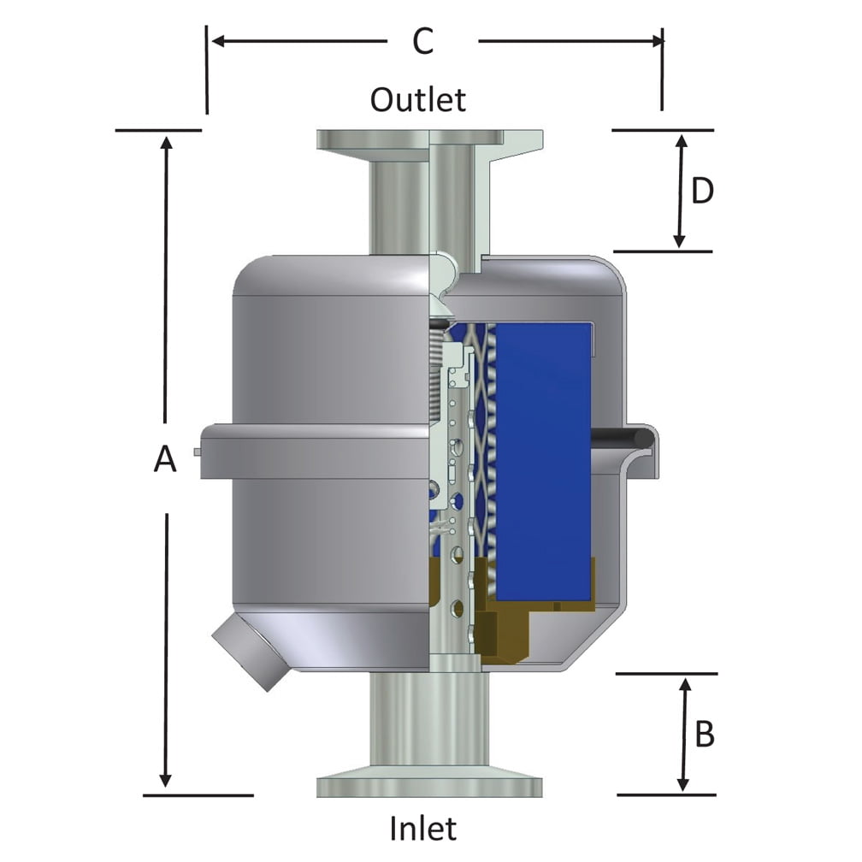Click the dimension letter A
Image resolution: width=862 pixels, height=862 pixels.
tap(165, 460)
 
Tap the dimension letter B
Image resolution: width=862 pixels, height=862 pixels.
tap(704, 734)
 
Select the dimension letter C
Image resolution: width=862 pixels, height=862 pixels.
tap(423, 41)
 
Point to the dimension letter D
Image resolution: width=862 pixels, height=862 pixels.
tap(702, 192)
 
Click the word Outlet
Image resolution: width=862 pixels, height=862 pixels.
tap(418, 100)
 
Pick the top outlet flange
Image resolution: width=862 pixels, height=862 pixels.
tap(428, 139)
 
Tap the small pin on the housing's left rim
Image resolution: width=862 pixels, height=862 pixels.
tap(198, 452)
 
